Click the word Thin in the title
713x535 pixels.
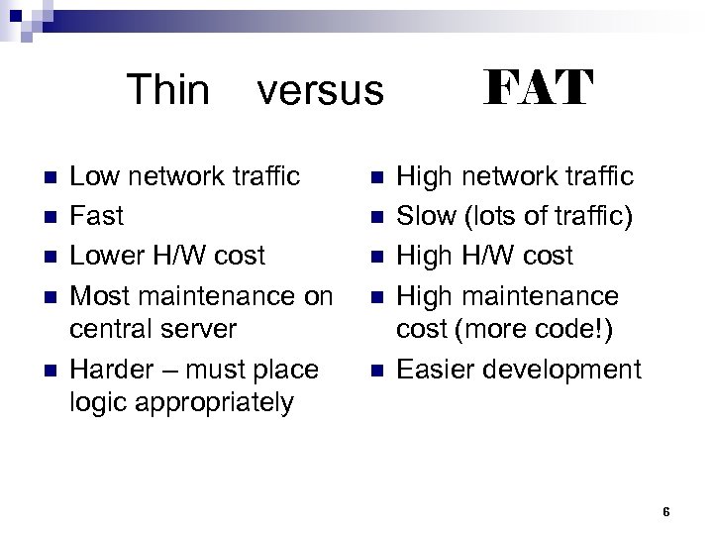pos(168,90)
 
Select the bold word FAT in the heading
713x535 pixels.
pos(538,88)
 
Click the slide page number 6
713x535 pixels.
pos(666,512)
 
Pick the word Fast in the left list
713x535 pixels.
pos(97,216)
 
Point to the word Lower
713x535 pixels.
pos(108,256)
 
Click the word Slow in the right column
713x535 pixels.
pos(424,216)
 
